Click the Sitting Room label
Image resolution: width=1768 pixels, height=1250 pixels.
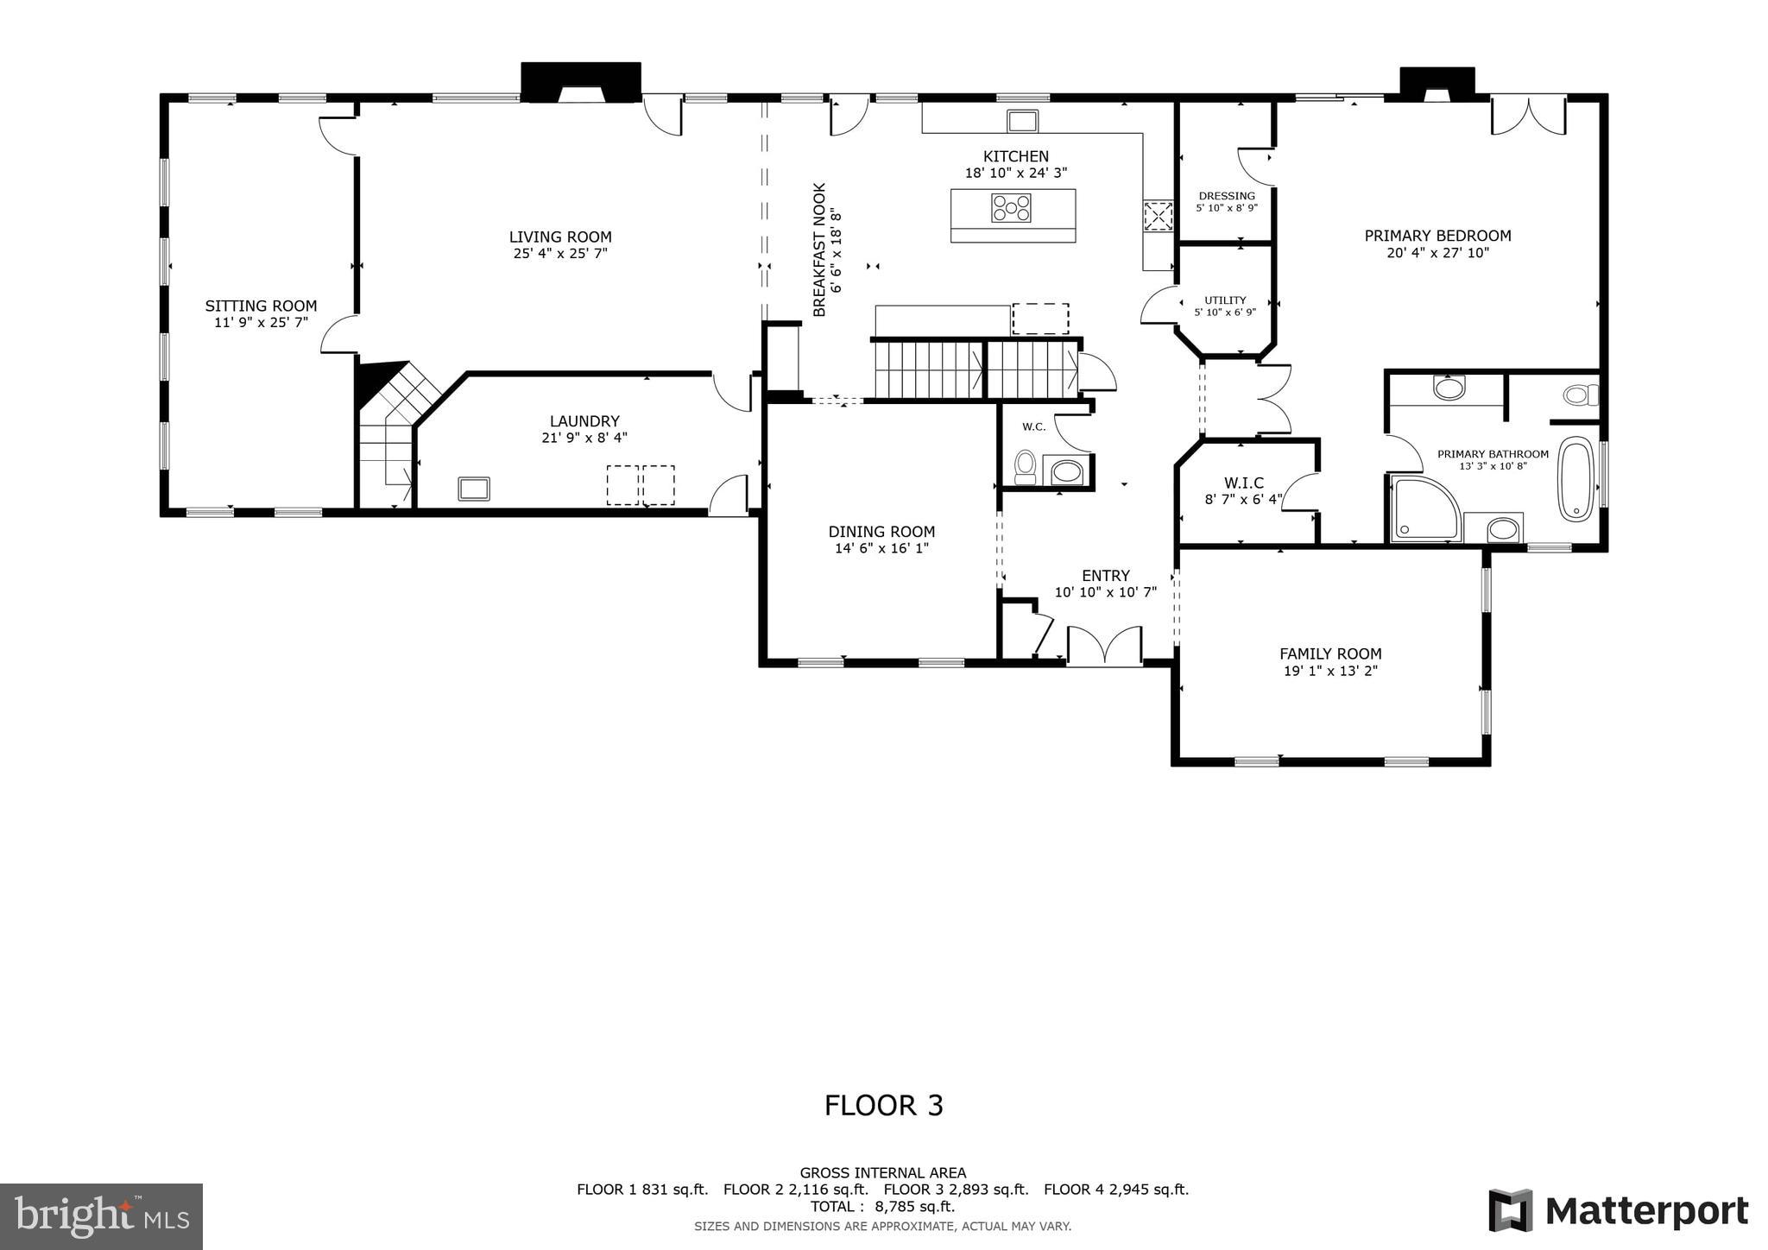click(261, 306)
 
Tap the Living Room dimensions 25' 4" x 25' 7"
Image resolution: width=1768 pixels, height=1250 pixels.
click(559, 254)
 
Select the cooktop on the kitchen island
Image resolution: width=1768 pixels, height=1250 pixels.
click(1011, 207)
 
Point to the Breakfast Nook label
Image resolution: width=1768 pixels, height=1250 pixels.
click(819, 249)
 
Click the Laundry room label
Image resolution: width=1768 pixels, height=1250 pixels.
click(584, 421)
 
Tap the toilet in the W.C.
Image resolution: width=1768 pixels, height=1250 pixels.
click(1025, 466)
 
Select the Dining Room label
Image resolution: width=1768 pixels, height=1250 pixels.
click(881, 532)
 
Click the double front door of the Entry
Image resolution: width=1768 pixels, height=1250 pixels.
click(1104, 646)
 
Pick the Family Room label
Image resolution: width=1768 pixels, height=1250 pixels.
click(1329, 654)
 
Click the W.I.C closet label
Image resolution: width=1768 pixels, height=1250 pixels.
click(1243, 483)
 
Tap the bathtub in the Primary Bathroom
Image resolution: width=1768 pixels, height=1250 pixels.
click(1575, 479)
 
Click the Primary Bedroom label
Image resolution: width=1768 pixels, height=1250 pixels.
click(1437, 236)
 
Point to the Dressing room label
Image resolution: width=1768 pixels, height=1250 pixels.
click(1226, 196)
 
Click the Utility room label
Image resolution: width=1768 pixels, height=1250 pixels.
click(1225, 300)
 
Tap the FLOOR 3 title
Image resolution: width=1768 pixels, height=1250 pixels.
click(883, 1106)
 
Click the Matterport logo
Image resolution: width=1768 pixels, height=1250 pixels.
click(1618, 1210)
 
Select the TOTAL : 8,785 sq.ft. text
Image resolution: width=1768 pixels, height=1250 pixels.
click(882, 1207)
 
